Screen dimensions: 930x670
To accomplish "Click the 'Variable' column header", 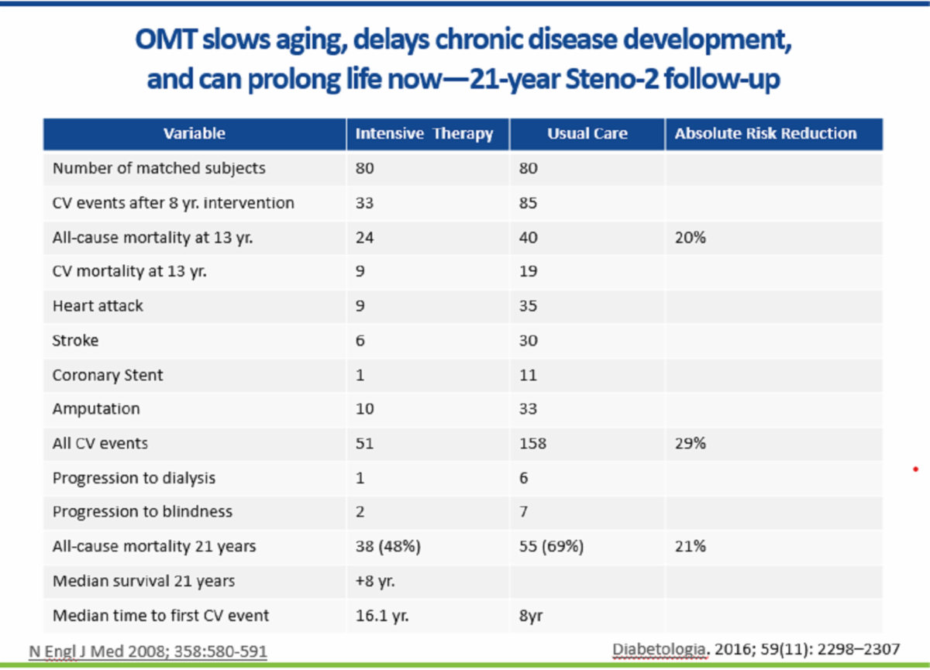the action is coord(195,133).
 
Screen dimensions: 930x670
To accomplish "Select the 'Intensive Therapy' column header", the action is coord(424,134).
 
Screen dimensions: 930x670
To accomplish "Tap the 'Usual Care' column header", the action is coord(587,133).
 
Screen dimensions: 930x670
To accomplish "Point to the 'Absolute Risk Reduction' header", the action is coord(766,133).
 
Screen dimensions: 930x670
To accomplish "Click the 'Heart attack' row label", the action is coord(98,306).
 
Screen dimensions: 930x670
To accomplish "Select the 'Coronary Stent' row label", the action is coord(108,375).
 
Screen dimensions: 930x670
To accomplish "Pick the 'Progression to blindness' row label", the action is coord(143,512).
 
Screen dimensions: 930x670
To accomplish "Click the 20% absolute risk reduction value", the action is coord(690,238).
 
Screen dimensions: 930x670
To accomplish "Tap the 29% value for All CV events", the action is coord(690,443).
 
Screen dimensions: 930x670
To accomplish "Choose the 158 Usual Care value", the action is coord(532,443).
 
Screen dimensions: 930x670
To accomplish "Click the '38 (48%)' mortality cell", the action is coord(387,546).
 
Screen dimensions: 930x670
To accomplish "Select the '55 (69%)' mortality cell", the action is coord(551,546).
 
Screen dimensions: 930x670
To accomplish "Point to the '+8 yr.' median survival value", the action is coord(375,581).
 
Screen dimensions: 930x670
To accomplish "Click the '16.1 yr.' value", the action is coord(382,616).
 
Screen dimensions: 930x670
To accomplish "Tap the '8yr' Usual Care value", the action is coord(531,616).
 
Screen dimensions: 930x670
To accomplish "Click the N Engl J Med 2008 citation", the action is coord(148,651).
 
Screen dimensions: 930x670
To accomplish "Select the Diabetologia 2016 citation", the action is coord(756,649).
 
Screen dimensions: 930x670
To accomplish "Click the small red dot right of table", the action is coord(915,469).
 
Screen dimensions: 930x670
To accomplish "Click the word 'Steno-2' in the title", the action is coord(612,79).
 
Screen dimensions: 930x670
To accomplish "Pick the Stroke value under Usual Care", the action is coord(528,341).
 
